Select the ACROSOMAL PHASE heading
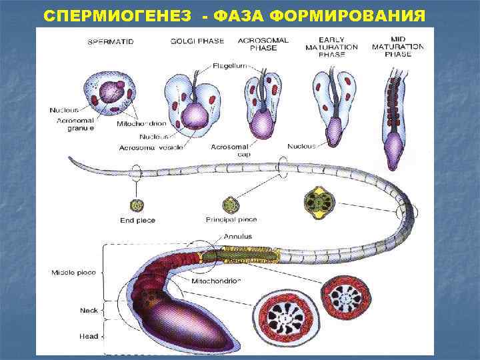[x=263, y=44]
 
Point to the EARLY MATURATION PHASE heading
[x=331, y=47]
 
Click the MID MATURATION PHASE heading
[x=398, y=47]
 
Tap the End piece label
[x=136, y=220]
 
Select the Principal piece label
[x=231, y=219]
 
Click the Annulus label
[x=238, y=236]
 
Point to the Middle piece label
[x=74, y=272]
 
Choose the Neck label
[x=89, y=310]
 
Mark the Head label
[x=88, y=336]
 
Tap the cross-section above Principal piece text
[x=231, y=203]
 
